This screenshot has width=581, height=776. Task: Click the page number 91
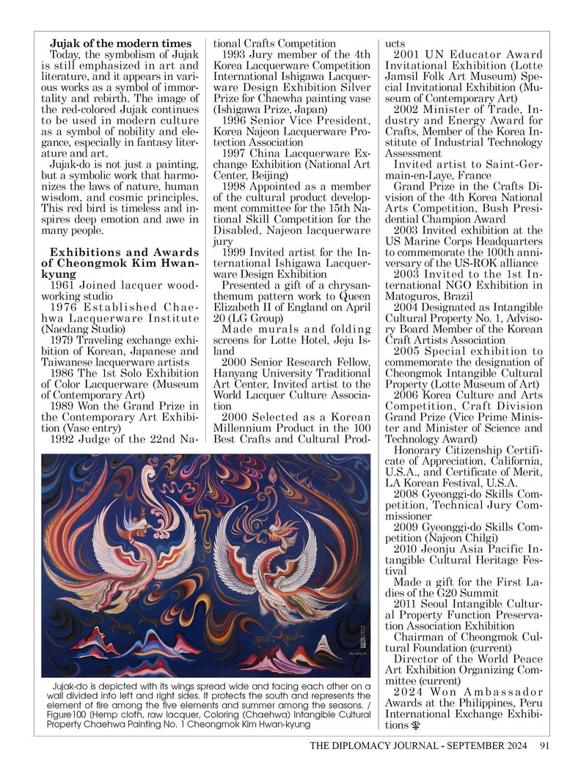544,747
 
